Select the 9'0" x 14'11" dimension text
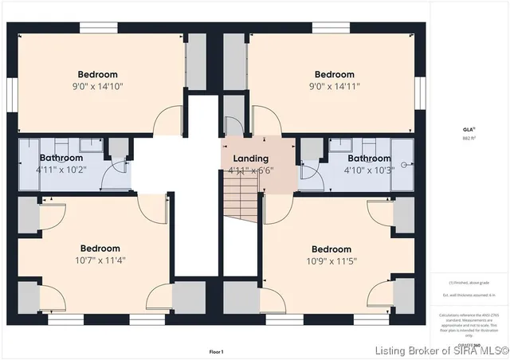click(x=335, y=86)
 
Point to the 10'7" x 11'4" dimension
click(x=100, y=260)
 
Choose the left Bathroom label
click(x=61, y=158)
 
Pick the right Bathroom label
click(x=368, y=158)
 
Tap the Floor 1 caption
click(x=217, y=351)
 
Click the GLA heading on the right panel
click(x=469, y=128)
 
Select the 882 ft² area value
click(x=469, y=139)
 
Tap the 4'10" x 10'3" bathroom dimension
click(x=367, y=170)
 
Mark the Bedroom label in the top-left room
click(x=98, y=75)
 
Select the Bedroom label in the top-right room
click(x=335, y=75)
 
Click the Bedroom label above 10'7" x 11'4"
click(x=100, y=248)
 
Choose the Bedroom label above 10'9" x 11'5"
click(x=331, y=248)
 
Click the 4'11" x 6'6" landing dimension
click(x=251, y=170)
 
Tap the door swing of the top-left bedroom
click(x=168, y=119)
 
